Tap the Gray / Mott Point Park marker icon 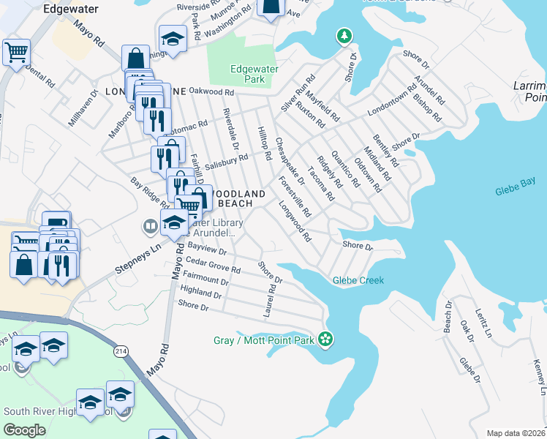[327, 339]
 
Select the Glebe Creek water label [358, 279]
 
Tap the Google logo [25, 429]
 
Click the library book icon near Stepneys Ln [151, 226]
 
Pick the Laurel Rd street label [268, 301]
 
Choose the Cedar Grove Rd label [213, 265]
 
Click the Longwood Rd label [295, 222]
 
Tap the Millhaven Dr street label [82, 109]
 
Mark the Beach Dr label [448, 316]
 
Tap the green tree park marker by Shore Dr [344, 35]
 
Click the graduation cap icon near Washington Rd [173, 39]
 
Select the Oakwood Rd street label [211, 92]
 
